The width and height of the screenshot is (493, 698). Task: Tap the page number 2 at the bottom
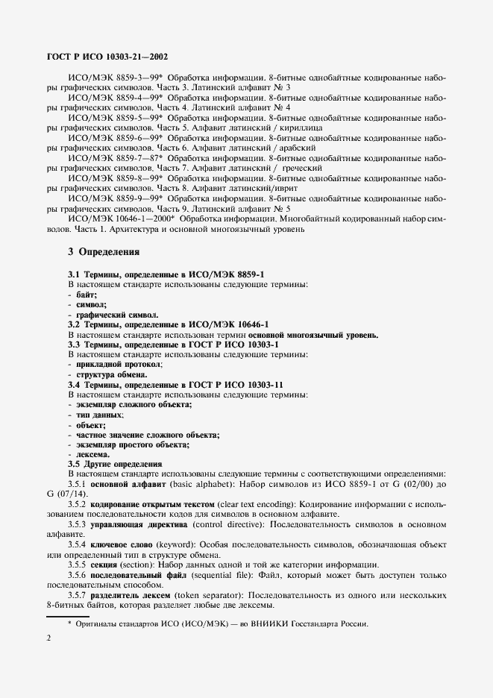[49, 638]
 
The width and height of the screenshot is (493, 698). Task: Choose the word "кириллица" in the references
[301, 128]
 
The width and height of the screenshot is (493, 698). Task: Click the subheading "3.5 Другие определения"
[115, 464]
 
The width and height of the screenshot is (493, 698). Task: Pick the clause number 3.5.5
[79, 565]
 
